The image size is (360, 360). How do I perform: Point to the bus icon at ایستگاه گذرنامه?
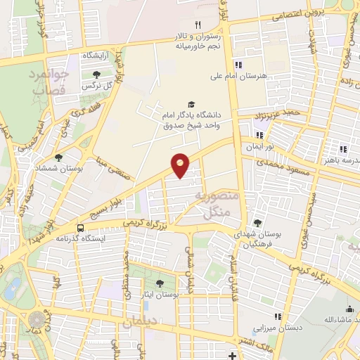(x=81, y=229)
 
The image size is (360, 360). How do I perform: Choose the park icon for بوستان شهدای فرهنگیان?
(x=257, y=223)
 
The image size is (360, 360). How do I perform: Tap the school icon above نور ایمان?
(x=259, y=135)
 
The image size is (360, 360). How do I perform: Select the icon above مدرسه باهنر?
(x=343, y=149)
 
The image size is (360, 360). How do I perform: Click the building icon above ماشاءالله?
(x=349, y=309)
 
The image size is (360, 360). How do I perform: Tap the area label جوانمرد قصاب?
(x=49, y=82)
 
